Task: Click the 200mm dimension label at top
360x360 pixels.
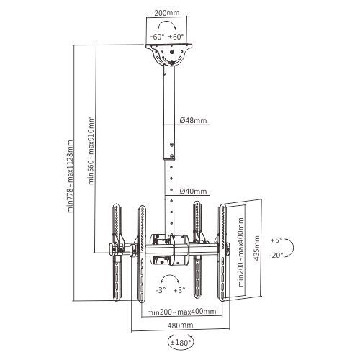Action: click(166, 12)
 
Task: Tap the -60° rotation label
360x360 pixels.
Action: click(158, 37)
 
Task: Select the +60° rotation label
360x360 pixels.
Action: click(176, 37)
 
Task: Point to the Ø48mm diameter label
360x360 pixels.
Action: click(193, 120)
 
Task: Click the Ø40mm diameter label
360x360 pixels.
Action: click(193, 191)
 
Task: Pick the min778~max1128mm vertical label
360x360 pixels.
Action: click(70, 176)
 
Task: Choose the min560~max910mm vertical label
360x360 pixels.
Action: click(91, 150)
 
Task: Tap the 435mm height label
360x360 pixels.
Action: click(256, 248)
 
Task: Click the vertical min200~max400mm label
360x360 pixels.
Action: click(241, 252)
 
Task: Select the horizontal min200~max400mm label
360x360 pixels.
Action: click(181, 312)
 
